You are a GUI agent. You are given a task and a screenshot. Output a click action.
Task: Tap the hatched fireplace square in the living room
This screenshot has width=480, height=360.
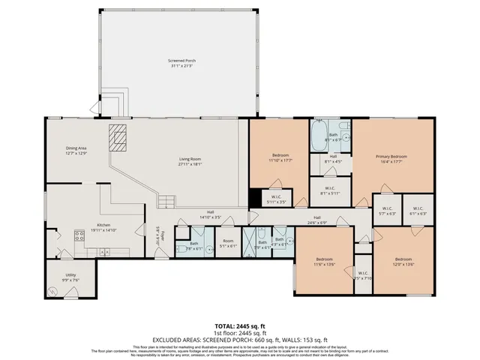click(118, 138)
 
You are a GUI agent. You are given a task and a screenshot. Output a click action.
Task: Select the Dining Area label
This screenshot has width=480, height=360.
click(76, 150)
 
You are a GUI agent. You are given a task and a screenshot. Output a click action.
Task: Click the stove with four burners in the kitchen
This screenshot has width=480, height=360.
click(79, 236)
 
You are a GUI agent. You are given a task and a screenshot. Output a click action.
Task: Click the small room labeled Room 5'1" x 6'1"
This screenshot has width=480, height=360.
click(228, 244)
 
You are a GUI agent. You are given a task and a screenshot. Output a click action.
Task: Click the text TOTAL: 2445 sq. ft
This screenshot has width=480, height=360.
click(240, 326)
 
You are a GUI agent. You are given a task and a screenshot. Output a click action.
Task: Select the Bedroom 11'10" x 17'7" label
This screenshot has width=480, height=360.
click(280, 157)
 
